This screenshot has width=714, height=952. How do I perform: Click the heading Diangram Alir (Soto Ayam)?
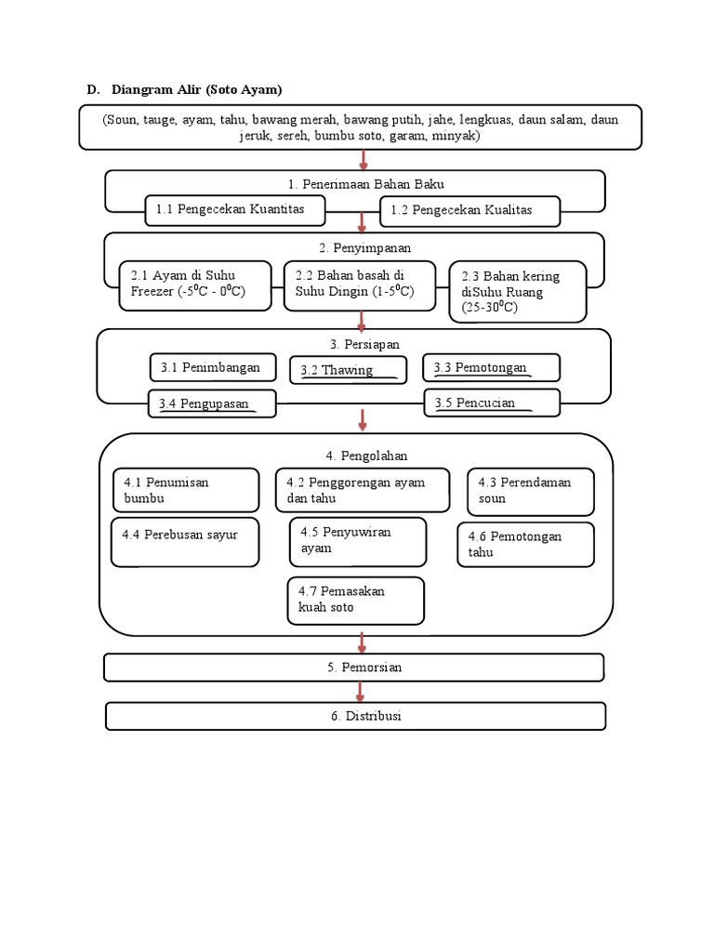point(196,89)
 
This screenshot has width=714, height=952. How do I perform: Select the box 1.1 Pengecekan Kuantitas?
point(236,210)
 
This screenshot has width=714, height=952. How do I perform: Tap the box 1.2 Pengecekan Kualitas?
point(469,211)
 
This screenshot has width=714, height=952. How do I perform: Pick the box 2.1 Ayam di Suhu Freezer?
point(198,284)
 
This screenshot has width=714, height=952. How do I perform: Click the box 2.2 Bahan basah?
point(359,284)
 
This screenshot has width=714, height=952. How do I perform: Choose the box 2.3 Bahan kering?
point(518,291)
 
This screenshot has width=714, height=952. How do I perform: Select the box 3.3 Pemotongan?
point(491,367)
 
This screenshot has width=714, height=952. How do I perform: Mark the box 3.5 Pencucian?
point(492,403)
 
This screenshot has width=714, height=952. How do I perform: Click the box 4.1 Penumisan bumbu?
point(184,490)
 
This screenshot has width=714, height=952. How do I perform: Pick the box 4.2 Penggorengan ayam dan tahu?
point(363,490)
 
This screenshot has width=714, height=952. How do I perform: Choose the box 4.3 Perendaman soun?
point(530,490)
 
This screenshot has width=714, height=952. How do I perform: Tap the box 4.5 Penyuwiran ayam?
point(358,541)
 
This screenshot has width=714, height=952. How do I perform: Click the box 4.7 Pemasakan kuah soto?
point(356,600)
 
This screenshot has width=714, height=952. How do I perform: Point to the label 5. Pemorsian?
point(354,668)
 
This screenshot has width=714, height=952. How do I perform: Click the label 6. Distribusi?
point(356,716)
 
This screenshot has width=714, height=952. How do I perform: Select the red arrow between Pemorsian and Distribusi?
point(361,692)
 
